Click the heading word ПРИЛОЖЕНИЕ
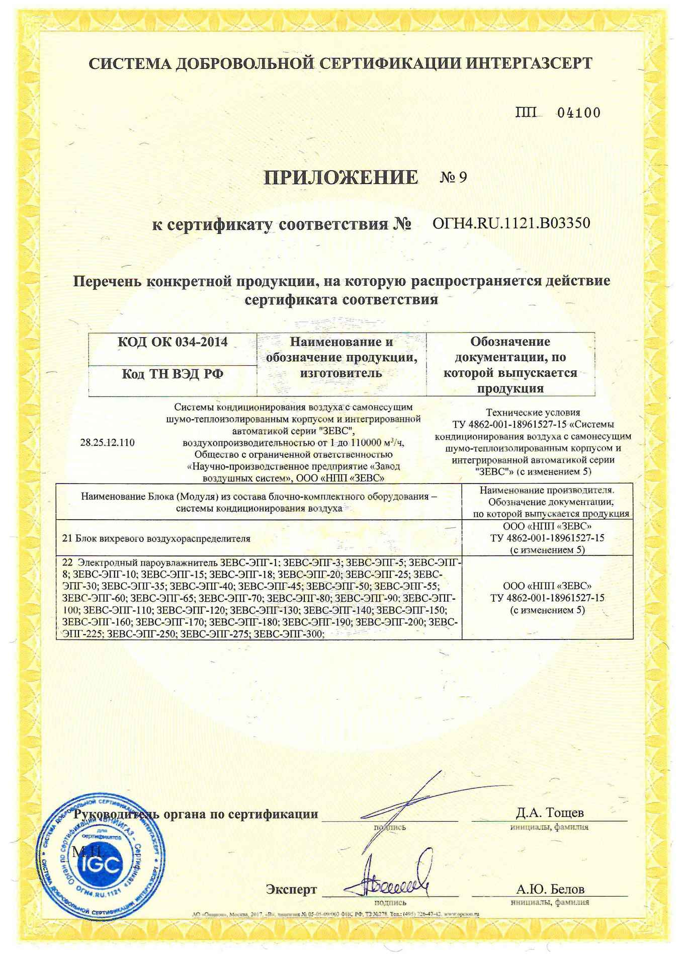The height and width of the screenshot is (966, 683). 341,178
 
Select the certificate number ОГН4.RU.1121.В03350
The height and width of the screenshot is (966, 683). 511,223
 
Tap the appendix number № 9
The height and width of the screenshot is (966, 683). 454,178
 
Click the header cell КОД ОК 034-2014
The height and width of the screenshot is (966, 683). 173,342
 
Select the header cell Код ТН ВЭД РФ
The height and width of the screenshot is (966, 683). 173,374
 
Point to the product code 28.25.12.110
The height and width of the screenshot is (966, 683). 107,443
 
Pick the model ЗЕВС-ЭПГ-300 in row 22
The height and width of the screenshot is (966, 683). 288,634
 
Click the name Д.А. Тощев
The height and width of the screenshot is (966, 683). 550,813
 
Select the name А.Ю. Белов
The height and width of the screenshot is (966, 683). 550,889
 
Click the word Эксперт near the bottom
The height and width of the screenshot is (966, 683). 292,890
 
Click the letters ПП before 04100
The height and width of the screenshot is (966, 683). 526,113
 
